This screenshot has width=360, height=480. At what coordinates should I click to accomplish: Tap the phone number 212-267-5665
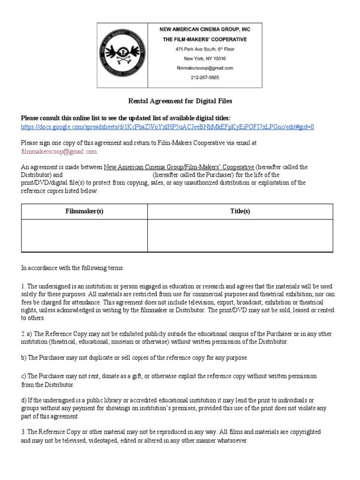click(x=204, y=78)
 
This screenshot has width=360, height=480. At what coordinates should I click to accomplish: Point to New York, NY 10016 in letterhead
click(x=204, y=59)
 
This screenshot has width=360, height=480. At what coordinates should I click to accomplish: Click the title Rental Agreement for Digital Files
click(x=180, y=101)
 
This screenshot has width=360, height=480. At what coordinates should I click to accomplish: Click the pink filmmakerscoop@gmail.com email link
click(x=60, y=151)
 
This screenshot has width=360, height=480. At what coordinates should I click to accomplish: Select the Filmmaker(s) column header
click(x=84, y=211)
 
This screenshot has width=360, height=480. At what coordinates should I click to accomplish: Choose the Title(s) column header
click(x=240, y=211)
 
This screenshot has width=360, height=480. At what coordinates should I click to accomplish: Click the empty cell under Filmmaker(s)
click(x=84, y=236)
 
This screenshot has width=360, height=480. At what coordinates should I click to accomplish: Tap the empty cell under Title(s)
click(x=240, y=236)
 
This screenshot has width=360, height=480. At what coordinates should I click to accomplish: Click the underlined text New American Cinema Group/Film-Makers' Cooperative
click(x=179, y=167)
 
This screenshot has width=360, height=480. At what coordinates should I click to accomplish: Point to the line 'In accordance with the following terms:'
click(x=73, y=268)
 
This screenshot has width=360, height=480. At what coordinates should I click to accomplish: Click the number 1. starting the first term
click(x=23, y=286)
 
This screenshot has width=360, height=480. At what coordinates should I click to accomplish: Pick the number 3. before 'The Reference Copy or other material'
click(x=23, y=432)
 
